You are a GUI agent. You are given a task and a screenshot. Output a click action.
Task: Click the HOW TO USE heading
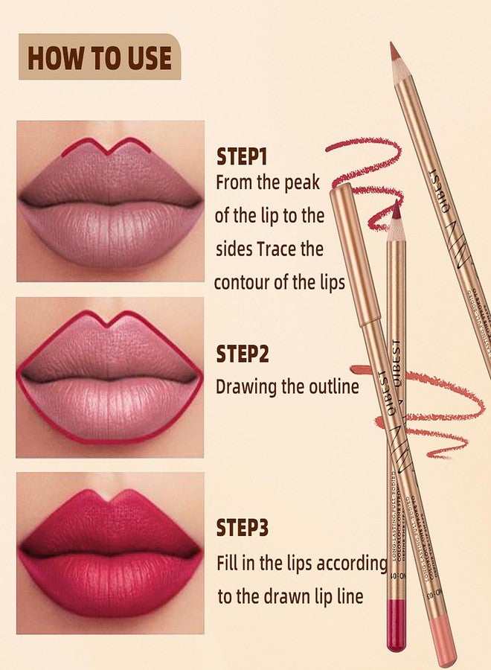pyautogui.click(x=100, y=57)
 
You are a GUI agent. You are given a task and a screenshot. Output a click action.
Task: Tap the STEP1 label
pyautogui.click(x=242, y=157)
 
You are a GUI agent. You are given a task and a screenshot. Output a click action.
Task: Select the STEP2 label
pyautogui.click(x=243, y=354)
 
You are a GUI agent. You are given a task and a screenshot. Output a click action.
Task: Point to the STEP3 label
pyautogui.click(x=243, y=528)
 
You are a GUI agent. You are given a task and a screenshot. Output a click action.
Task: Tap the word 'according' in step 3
pyautogui.click(x=351, y=564)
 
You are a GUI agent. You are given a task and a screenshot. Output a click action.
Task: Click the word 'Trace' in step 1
pyautogui.click(x=280, y=249)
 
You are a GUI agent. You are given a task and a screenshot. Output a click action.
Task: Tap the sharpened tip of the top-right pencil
pyautogui.click(x=394, y=52)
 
